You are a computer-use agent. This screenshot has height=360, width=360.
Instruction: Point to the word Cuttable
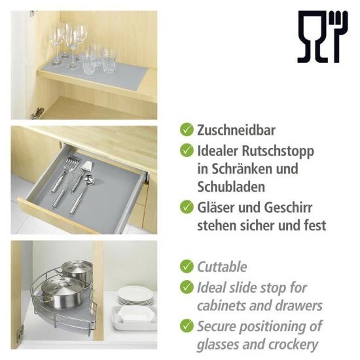[222, 266]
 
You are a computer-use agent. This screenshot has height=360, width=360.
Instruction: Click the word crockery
[291, 344]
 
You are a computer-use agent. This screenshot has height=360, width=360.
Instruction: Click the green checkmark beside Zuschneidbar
[187, 130]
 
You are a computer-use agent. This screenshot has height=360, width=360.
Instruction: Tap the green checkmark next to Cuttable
[187, 266]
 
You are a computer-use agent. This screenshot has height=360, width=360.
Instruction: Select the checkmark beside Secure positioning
[187, 325]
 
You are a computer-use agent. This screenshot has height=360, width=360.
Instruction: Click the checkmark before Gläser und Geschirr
[187, 207]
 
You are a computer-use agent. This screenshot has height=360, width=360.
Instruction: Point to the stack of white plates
[136, 298]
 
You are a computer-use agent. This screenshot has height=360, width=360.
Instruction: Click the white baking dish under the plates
[134, 319]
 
